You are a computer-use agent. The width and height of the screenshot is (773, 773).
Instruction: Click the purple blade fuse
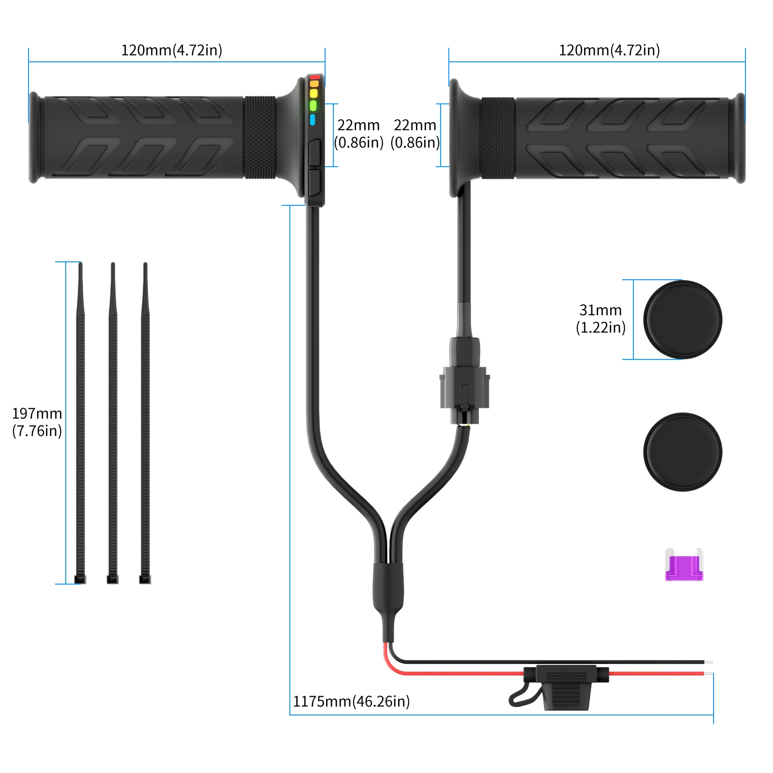684,567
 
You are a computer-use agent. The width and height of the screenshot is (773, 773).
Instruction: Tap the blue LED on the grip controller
313,119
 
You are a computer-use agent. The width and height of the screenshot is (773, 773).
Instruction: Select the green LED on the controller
313,105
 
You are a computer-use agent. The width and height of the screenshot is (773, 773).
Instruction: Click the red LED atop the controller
315,77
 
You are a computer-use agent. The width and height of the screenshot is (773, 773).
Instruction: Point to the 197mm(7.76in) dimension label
37,422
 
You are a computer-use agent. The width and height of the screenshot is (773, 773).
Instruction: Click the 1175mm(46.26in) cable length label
351,701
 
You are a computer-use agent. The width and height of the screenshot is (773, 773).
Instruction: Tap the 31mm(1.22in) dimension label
601,319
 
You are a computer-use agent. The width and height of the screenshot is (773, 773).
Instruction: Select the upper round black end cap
682,320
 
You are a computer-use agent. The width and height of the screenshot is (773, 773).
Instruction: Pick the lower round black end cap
682,452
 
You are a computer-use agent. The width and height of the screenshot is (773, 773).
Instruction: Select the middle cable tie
113,420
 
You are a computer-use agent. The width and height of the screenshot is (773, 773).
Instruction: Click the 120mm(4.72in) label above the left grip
172,50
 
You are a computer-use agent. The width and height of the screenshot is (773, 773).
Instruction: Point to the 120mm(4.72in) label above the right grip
609,50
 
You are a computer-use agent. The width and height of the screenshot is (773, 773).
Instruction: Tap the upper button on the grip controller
315,153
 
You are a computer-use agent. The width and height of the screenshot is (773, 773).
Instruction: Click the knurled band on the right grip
498,138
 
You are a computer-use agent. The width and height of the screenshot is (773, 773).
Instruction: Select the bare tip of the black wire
708,662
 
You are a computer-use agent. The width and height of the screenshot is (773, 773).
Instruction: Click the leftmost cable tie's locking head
80,579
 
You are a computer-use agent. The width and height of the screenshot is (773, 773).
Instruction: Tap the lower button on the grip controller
315,182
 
